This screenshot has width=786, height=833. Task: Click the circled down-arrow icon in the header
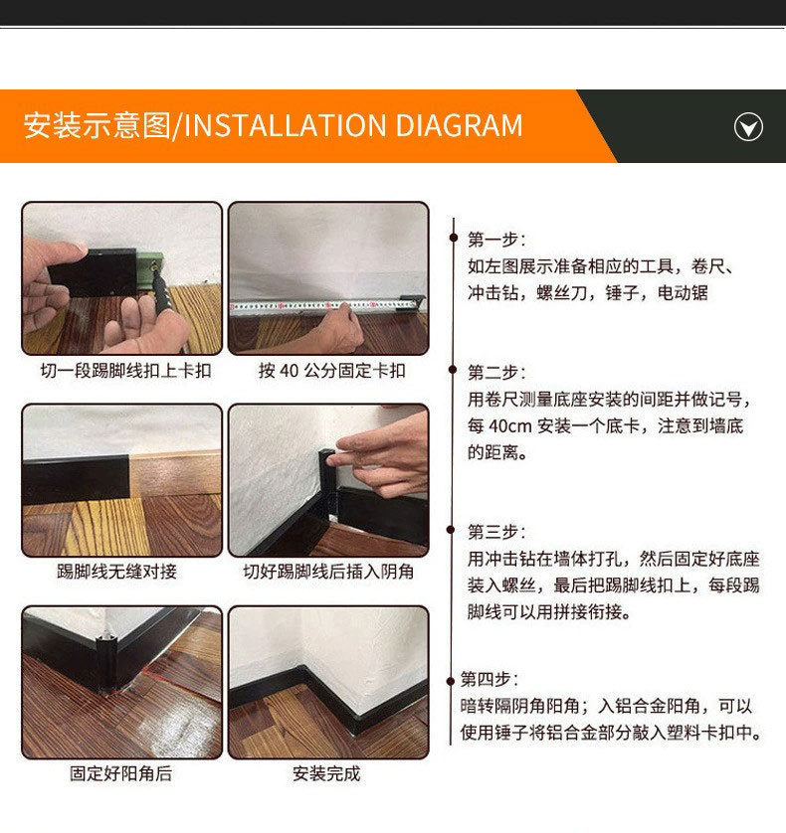pyautogui.click(x=748, y=127)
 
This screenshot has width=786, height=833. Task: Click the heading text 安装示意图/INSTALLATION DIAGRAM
pyautogui.click(x=273, y=126)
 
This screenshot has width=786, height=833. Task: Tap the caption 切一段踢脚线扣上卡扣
pyautogui.click(x=125, y=371)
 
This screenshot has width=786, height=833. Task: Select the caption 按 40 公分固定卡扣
pyautogui.click(x=331, y=371)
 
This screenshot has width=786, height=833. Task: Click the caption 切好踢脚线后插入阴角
pyautogui.click(x=328, y=572)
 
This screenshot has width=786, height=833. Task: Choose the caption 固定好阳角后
pyautogui.click(x=119, y=773)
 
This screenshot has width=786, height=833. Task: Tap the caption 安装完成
pyautogui.click(x=326, y=773)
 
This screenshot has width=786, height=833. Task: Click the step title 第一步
pyautogui.click(x=496, y=240)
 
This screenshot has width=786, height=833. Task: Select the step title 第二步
pyautogui.click(x=496, y=372)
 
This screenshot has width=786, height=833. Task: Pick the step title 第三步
pyautogui.click(x=496, y=532)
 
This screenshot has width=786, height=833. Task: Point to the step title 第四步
pyautogui.click(x=489, y=679)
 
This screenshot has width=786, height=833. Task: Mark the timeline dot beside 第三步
pyautogui.click(x=455, y=532)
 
